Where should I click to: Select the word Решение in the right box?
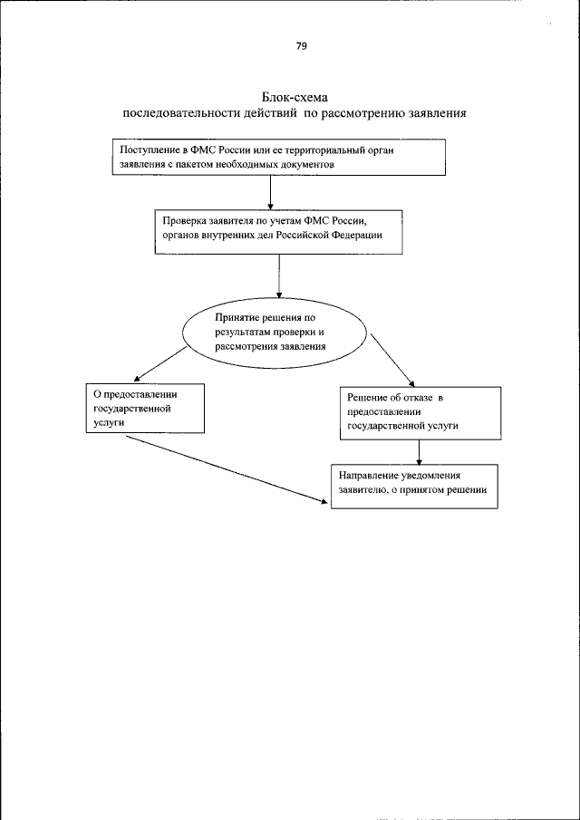tap(368, 397)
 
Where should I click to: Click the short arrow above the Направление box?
tap(420, 452)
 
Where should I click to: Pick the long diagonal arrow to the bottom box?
tap(226, 468)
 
